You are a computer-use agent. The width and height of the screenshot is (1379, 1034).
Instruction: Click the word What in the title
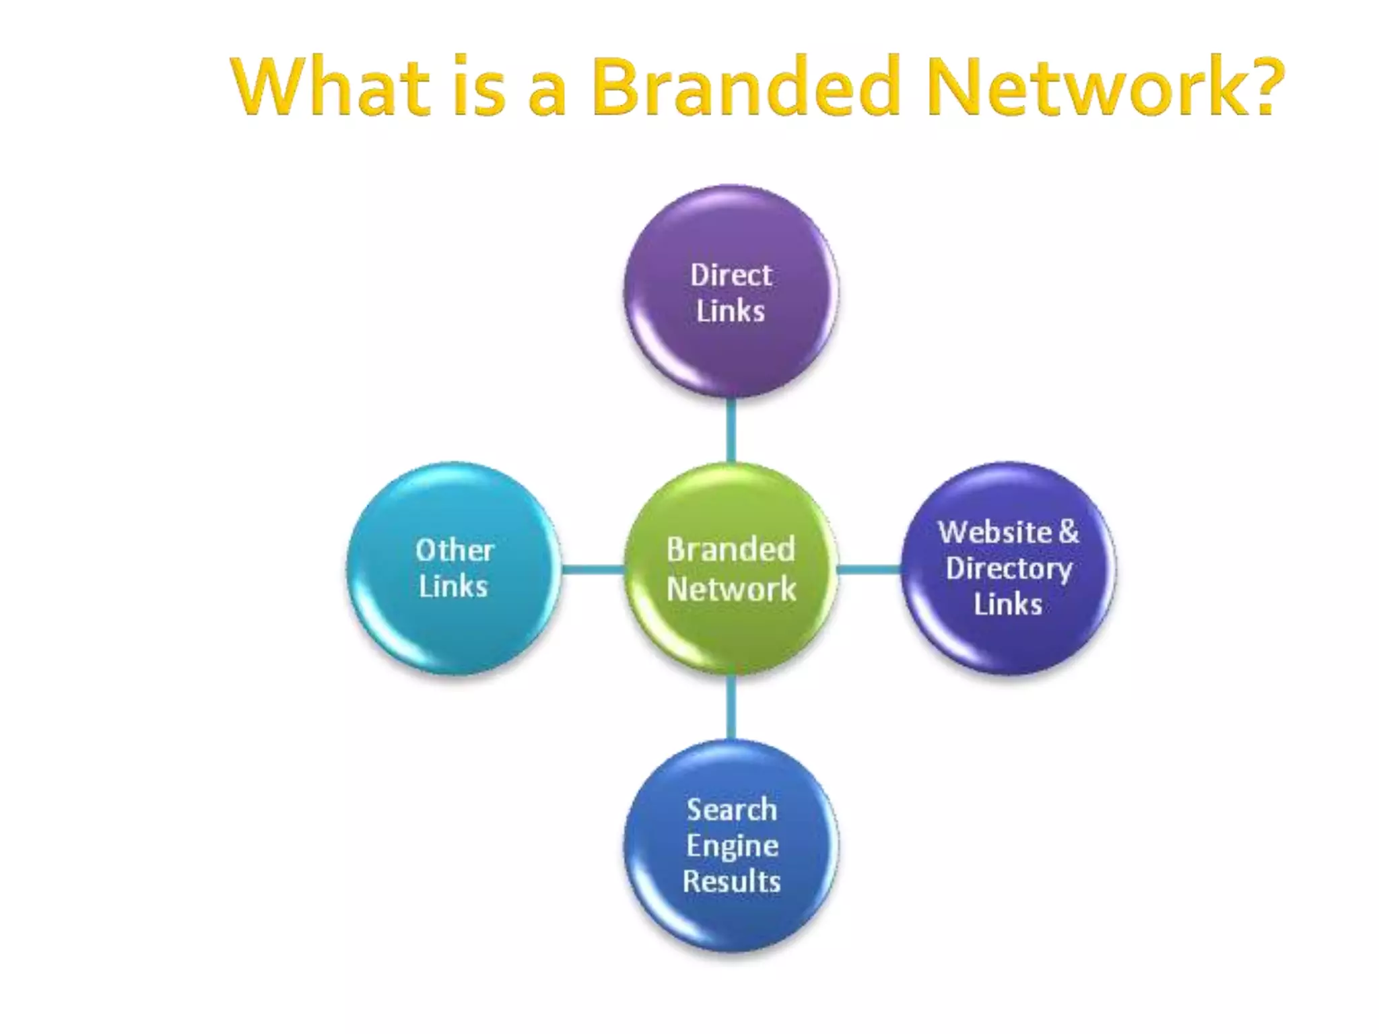pos(330,88)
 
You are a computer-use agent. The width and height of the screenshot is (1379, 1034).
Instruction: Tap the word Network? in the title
pos(1104,88)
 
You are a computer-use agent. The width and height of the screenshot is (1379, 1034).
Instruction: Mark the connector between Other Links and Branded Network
pos(593,570)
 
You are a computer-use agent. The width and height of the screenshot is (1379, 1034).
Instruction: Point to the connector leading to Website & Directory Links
pos(869,570)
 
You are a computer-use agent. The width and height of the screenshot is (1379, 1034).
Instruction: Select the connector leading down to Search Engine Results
pos(731,707)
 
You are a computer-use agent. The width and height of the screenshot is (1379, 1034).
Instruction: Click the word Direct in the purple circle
pos(731,275)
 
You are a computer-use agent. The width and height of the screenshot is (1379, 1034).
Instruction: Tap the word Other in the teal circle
pos(455,551)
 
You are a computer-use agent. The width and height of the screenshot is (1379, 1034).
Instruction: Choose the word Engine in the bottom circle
pos(732,846)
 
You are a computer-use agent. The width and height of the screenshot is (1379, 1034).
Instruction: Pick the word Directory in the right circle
pos(1008,569)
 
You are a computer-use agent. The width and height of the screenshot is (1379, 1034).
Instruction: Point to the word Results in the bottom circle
pos(732,882)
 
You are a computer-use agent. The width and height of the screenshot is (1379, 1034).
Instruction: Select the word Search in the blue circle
pos(732,809)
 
